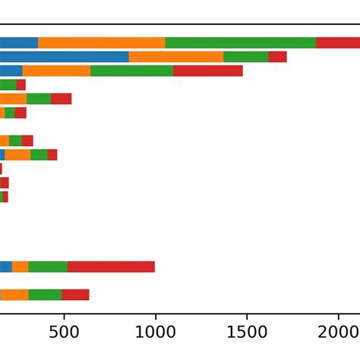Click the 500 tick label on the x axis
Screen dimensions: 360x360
64,333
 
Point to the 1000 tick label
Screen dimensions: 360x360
155,333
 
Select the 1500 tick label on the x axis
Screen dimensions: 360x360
247,333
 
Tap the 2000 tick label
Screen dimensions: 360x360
339,333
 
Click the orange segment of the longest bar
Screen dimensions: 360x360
101,43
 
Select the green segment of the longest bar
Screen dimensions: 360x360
240,43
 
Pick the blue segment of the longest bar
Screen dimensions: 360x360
19,43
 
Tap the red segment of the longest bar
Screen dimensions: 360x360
337,43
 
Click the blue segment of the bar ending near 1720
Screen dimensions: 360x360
65,57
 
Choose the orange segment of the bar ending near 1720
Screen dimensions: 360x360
176,57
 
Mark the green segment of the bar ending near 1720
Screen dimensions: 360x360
246,57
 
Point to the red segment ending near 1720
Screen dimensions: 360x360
277,57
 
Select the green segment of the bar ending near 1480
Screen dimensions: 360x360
131,71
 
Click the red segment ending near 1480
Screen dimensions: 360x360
207,71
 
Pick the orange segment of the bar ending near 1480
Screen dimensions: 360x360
56,71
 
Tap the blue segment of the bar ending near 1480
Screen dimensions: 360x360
11,71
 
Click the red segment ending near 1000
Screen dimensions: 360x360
111,267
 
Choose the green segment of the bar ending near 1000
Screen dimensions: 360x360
48,267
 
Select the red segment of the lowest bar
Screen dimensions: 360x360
75,295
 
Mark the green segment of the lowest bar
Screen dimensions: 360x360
45,295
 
